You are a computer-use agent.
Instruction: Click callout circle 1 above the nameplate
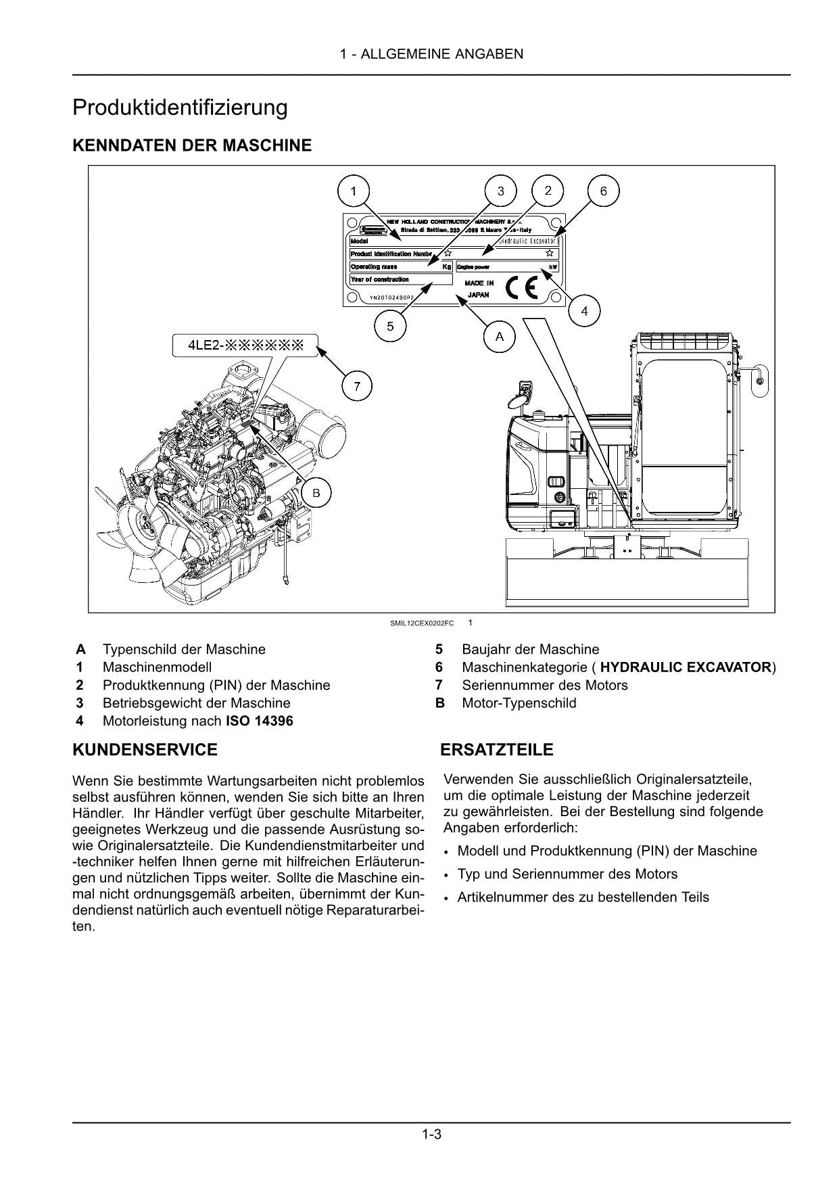pyautogui.click(x=353, y=191)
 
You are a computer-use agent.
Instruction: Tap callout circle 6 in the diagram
pyautogui.click(x=603, y=191)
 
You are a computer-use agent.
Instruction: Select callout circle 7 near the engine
pyautogui.click(x=356, y=387)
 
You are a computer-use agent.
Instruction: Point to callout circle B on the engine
pyautogui.click(x=316, y=493)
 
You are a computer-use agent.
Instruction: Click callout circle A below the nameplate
pyautogui.click(x=500, y=336)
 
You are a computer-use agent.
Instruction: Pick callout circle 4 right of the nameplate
pyautogui.click(x=584, y=311)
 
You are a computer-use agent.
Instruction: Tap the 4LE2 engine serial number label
pyautogui.click(x=246, y=347)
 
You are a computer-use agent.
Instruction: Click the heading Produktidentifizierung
pyautogui.click(x=180, y=108)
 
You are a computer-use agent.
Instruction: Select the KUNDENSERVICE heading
pyautogui.click(x=145, y=750)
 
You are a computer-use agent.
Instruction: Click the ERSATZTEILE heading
pyautogui.click(x=497, y=750)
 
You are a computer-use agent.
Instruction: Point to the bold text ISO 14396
pyautogui.click(x=259, y=721)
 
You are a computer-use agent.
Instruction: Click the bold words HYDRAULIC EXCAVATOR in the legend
pyautogui.click(x=685, y=667)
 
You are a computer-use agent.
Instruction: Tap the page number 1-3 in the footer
pyautogui.click(x=431, y=1134)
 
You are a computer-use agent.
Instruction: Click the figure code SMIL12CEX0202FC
pyautogui.click(x=422, y=623)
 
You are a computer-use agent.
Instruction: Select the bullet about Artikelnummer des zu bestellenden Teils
pyautogui.click(x=583, y=897)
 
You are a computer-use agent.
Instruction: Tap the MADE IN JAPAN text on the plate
pyautogui.click(x=479, y=289)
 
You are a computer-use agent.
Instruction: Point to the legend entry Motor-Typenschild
pyautogui.click(x=519, y=703)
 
